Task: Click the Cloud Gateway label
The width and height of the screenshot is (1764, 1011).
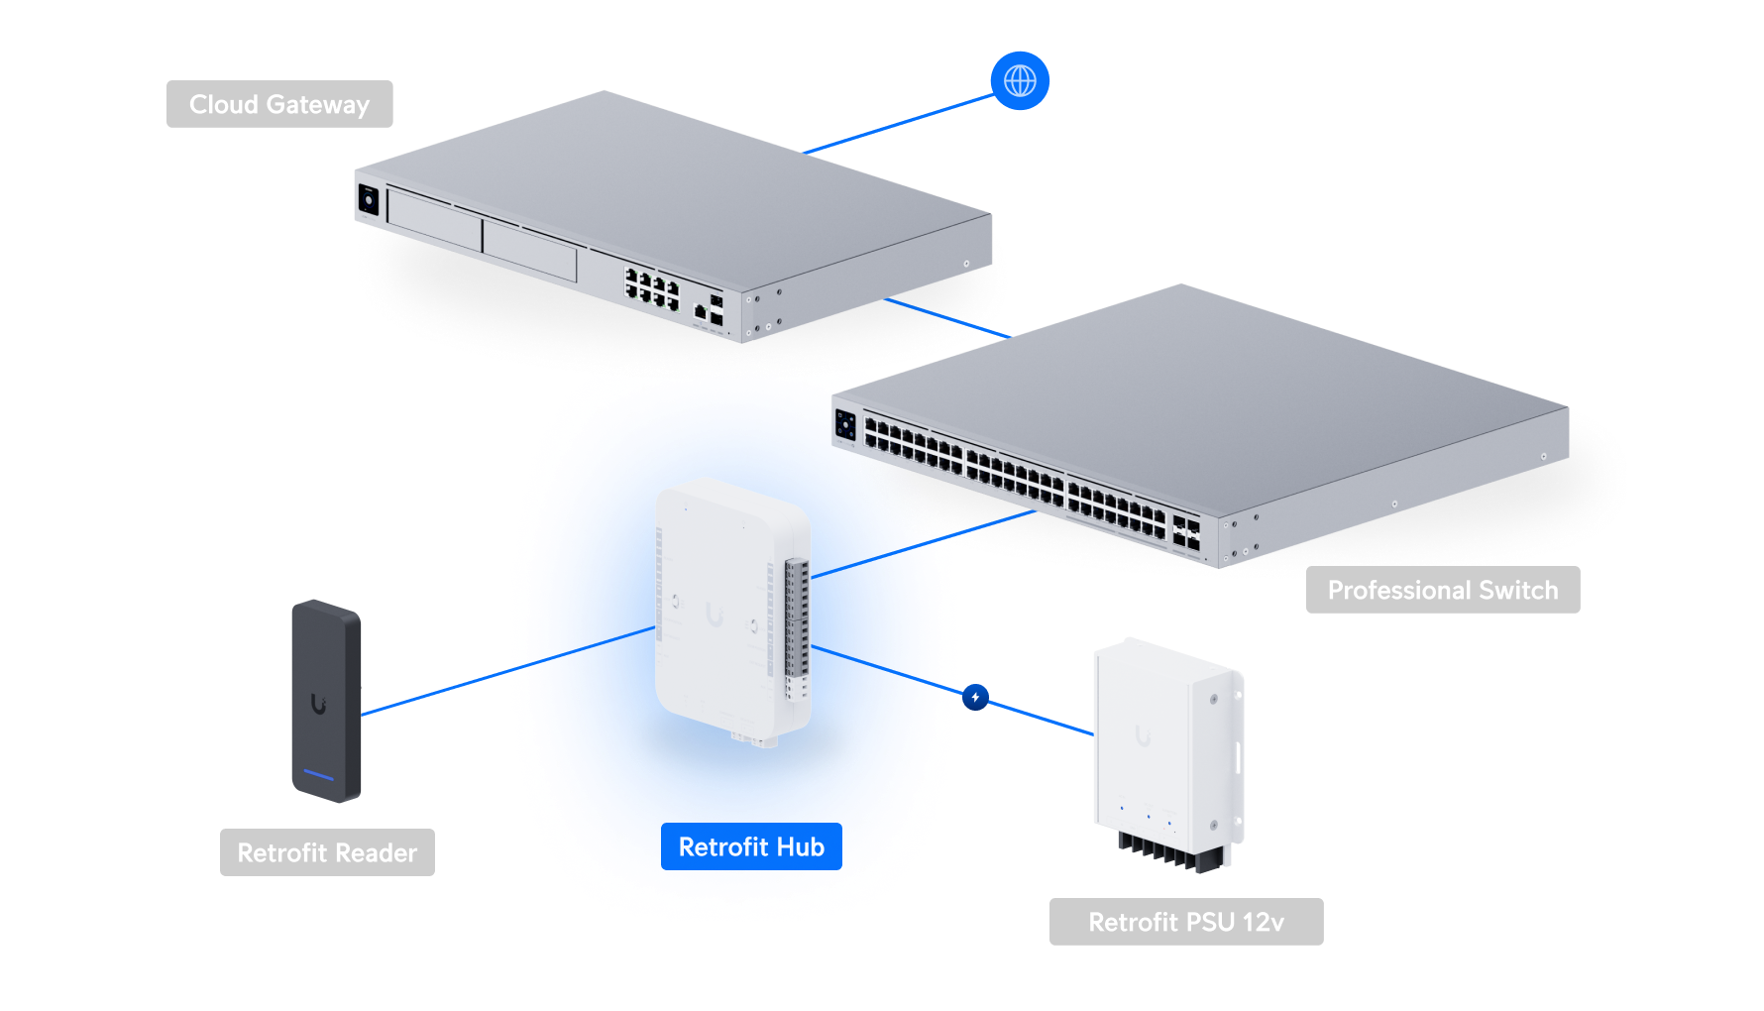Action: pyautogui.click(x=279, y=104)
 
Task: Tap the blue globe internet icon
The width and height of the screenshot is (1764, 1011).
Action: pyautogui.click(x=1020, y=80)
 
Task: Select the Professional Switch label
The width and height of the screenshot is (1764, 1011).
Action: pyautogui.click(x=1442, y=590)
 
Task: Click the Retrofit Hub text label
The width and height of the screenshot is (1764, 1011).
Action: pyautogui.click(x=751, y=846)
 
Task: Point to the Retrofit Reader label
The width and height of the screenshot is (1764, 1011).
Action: pyautogui.click(x=327, y=852)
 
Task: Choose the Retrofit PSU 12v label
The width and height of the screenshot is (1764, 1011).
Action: pyautogui.click(x=1185, y=922)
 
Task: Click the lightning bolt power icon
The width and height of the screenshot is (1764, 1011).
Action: pyautogui.click(x=975, y=697)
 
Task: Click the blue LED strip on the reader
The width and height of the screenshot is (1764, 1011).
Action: pyautogui.click(x=319, y=774)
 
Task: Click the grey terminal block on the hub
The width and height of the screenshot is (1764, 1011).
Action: pyautogui.click(x=796, y=624)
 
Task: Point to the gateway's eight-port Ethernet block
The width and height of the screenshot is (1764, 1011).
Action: pyautogui.click(x=651, y=287)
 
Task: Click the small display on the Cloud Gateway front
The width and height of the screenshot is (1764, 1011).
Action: pyautogui.click(x=368, y=201)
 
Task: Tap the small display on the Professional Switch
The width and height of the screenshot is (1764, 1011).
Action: pyautogui.click(x=845, y=425)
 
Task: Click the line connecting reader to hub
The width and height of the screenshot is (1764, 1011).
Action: pyautogui.click(x=436, y=692)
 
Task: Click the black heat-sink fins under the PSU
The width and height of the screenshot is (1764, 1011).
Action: pyautogui.click(x=1169, y=852)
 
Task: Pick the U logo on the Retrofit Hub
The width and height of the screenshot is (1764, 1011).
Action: pyautogui.click(x=715, y=616)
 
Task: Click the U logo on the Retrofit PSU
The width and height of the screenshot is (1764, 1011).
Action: pyautogui.click(x=1143, y=736)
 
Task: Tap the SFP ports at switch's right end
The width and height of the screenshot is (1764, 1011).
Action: pyautogui.click(x=1185, y=532)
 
